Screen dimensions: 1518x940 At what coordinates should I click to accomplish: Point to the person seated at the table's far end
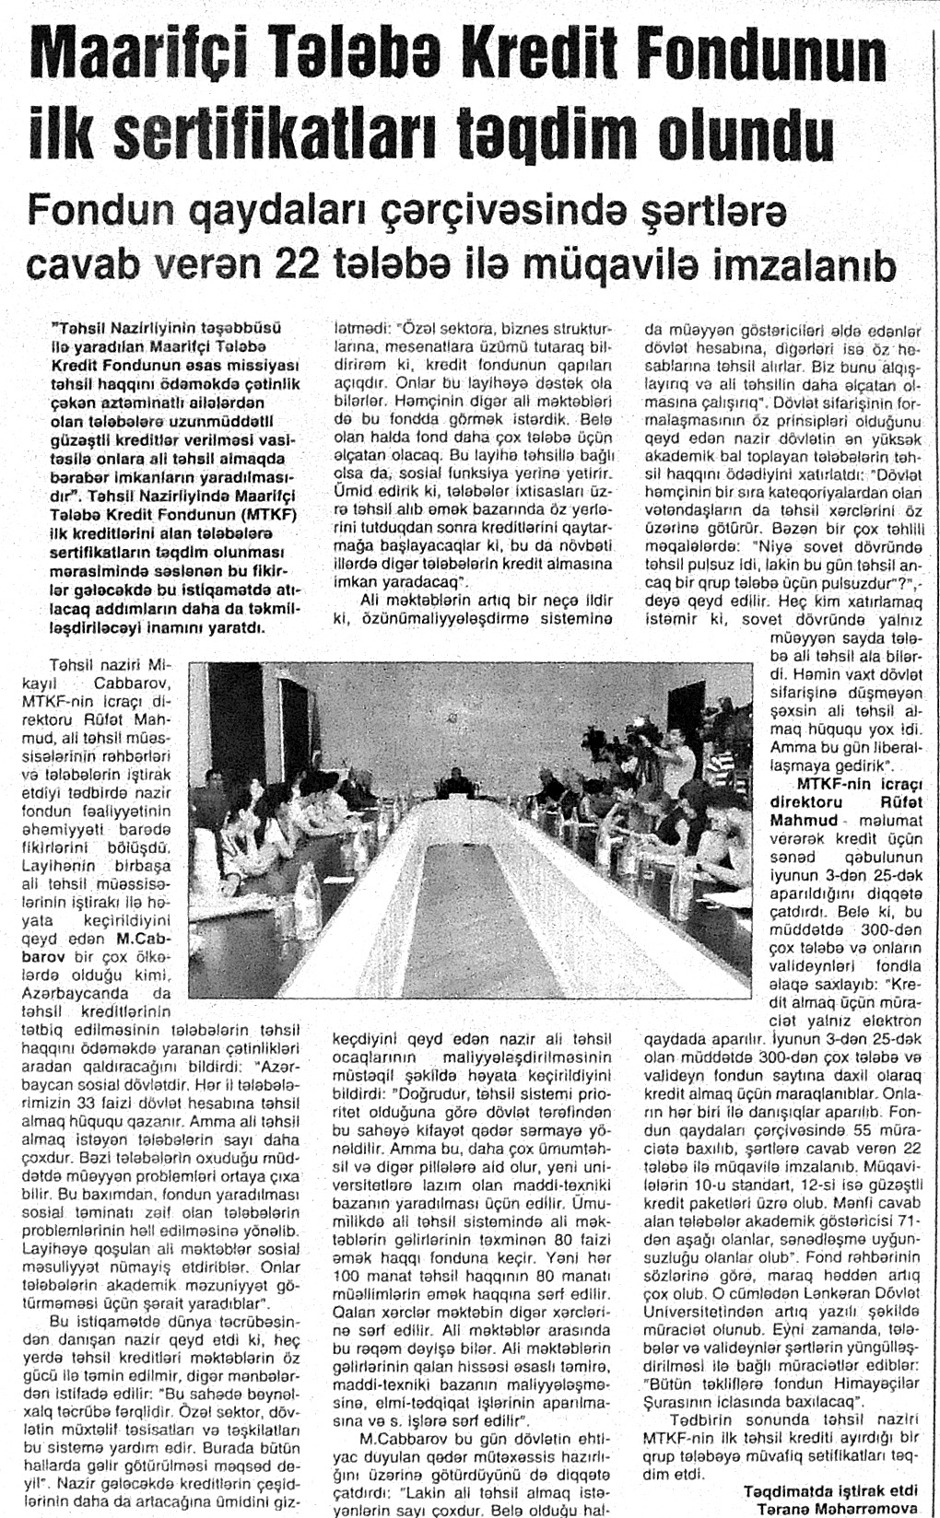click(456, 781)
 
